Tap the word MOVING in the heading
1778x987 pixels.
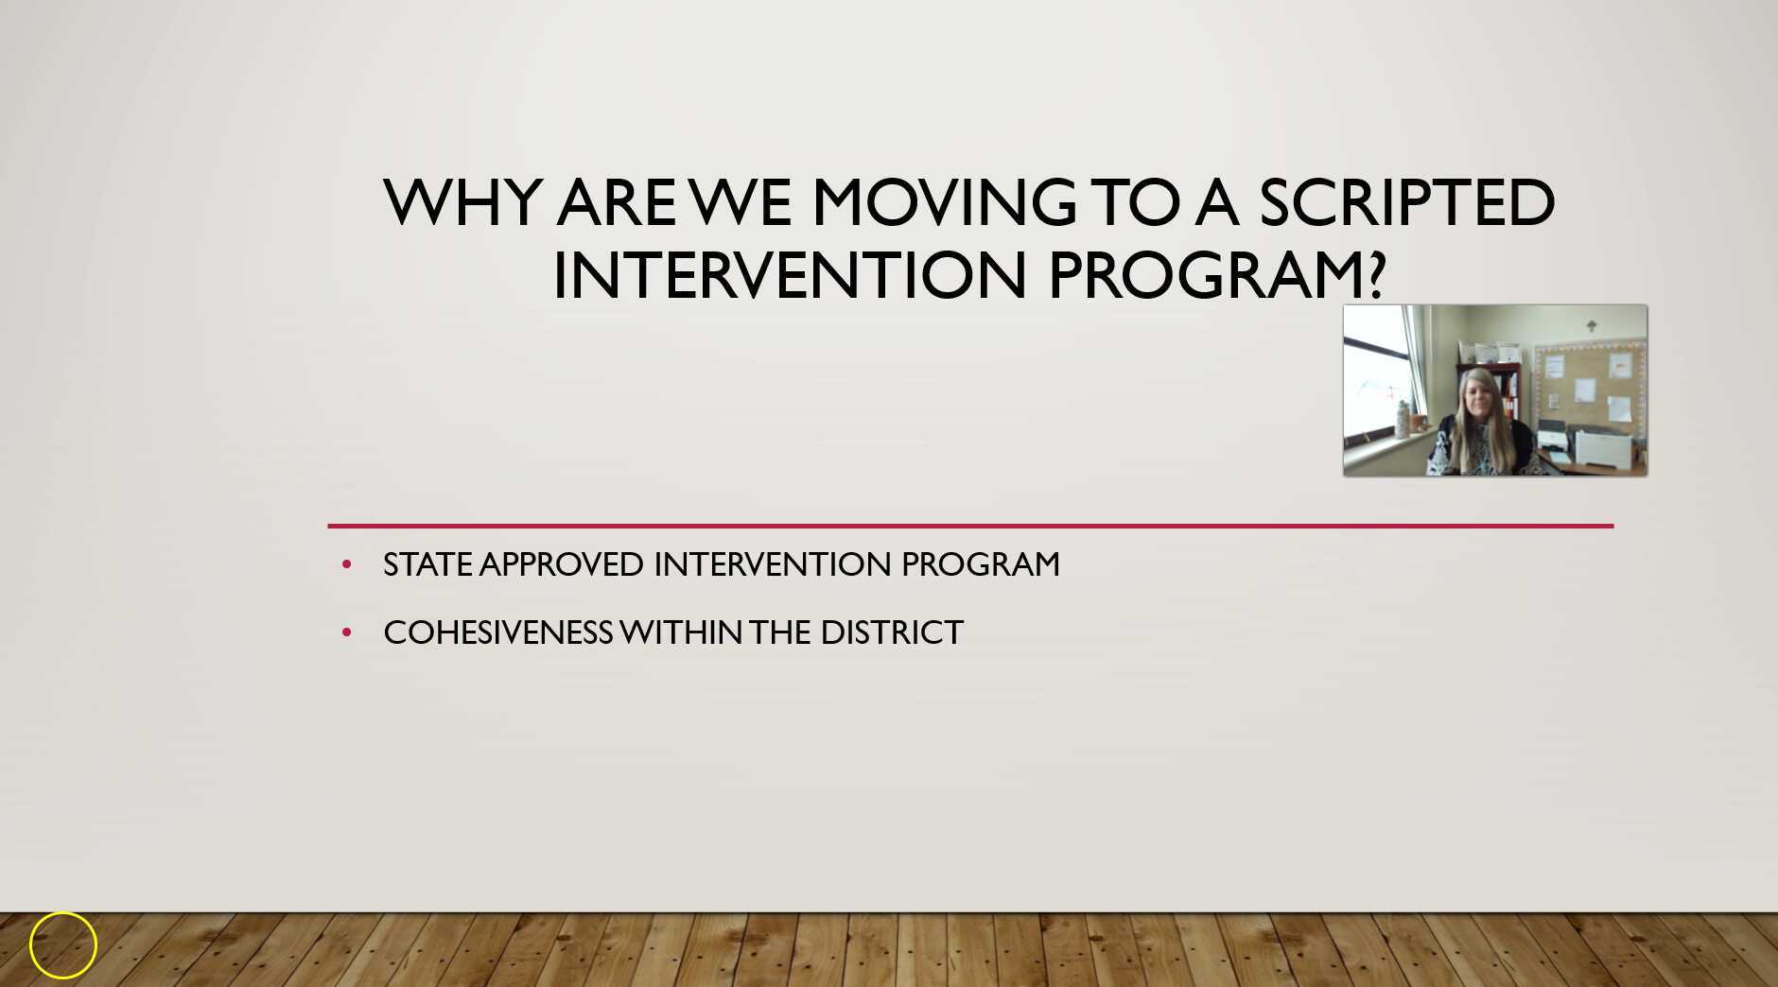(x=944, y=202)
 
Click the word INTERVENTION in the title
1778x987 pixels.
(x=790, y=276)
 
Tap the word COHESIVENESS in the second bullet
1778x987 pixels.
(x=497, y=632)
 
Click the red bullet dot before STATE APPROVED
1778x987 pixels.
(x=346, y=565)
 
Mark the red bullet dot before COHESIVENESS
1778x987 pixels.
(x=346, y=632)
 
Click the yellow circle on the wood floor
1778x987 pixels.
(x=63, y=944)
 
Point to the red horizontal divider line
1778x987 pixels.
(x=970, y=526)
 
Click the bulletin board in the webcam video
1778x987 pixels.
(x=1589, y=383)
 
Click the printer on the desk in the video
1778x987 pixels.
(x=1598, y=442)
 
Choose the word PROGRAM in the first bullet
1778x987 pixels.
(x=980, y=564)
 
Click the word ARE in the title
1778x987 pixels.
(x=616, y=202)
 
